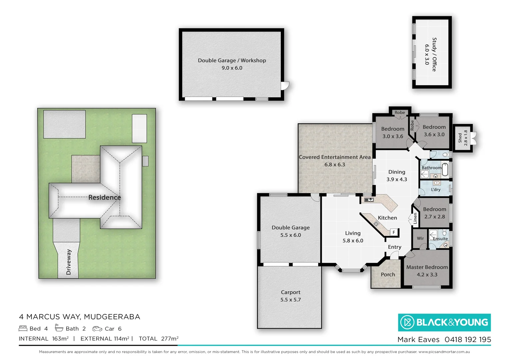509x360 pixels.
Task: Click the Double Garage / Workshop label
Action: [x=232, y=60]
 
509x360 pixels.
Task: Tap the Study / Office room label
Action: [x=434, y=54]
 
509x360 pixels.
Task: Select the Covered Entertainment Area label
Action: [x=334, y=157]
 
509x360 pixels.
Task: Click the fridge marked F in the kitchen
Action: [x=394, y=232]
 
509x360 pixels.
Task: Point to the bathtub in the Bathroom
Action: [x=445, y=169]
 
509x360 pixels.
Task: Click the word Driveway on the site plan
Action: [x=69, y=262]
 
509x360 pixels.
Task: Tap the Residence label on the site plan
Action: [x=104, y=197]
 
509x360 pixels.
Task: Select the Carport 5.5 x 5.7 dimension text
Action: [x=290, y=300]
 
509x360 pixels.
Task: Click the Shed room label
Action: [x=460, y=138]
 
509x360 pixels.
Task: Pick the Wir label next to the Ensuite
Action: [x=420, y=238]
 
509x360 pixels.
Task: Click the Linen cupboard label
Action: [x=415, y=218]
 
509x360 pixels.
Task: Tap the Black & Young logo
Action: [x=444, y=322]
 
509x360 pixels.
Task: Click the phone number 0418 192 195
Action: [x=468, y=340]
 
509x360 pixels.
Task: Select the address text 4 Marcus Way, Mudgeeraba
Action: [x=80, y=317]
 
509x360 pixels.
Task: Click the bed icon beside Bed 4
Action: [x=23, y=328]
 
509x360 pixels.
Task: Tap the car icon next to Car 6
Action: [x=97, y=329]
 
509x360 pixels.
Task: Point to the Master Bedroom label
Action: [x=427, y=267]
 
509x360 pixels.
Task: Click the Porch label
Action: [x=388, y=274]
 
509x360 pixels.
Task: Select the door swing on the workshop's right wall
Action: [x=285, y=86]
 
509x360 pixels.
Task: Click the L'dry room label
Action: [x=436, y=189]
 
